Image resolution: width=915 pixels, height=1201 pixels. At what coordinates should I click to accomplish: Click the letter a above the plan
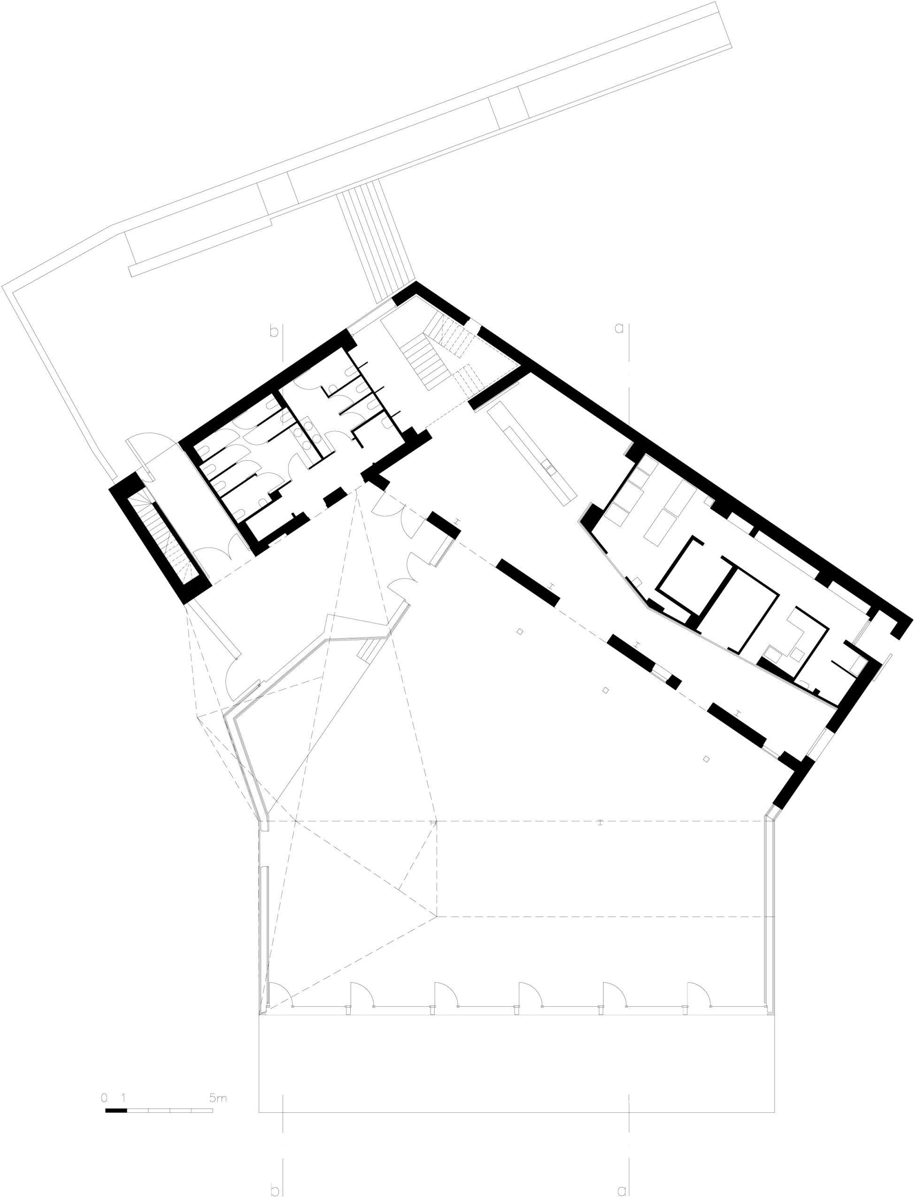coord(619,329)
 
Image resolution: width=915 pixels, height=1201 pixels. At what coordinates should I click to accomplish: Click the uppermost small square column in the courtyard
coord(520,632)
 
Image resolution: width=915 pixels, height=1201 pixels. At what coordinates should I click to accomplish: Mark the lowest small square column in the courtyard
coord(707,759)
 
